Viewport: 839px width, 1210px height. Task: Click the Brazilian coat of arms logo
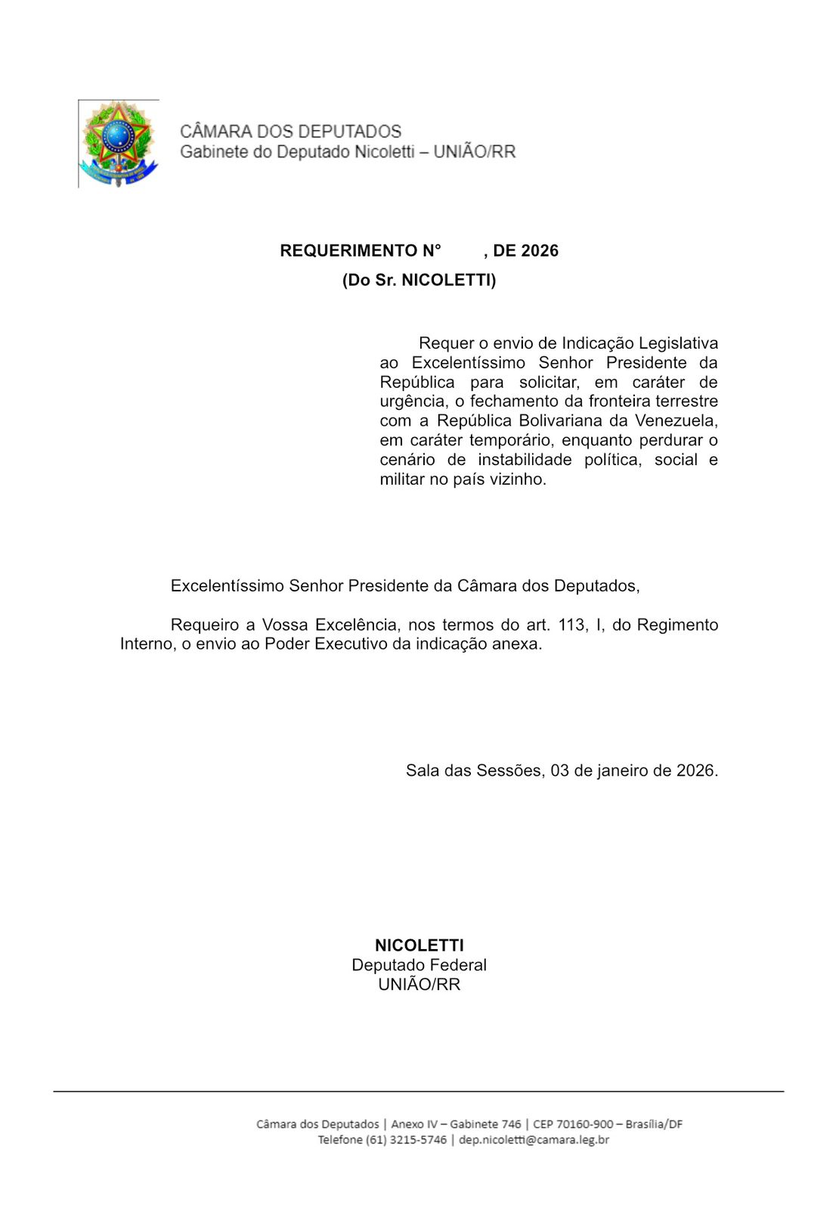pos(119,143)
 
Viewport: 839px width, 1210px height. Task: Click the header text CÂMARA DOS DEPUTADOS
pos(290,132)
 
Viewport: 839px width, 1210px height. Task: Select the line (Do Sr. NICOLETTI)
pos(419,281)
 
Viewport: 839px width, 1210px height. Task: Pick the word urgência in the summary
pos(412,402)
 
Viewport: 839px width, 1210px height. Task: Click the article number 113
pos(572,625)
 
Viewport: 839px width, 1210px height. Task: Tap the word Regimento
pos(677,625)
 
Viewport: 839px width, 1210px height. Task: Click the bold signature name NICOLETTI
pos(419,945)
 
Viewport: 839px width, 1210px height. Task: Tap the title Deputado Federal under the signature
pos(419,965)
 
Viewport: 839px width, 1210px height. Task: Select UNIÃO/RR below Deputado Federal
pos(419,985)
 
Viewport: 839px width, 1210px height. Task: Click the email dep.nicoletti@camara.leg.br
pos(534,1140)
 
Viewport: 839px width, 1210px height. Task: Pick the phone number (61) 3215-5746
pos(406,1140)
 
